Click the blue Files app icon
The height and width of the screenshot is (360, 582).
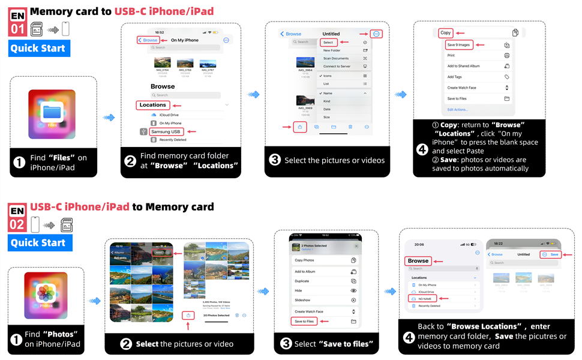pos(52,113)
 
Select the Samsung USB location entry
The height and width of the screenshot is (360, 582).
pos(166,131)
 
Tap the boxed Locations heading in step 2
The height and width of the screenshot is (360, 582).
pos(152,105)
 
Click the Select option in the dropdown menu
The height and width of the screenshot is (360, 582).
pos(328,43)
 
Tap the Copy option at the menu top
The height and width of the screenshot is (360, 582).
pos(445,33)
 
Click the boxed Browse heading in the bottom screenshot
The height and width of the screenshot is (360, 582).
pos(418,260)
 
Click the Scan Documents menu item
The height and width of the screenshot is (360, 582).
pos(335,58)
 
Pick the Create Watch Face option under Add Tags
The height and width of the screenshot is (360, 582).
pos(461,88)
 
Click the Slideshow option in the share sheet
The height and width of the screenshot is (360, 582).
pos(303,300)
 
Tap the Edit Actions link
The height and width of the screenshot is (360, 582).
pos(458,110)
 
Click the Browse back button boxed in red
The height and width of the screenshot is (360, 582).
pos(148,40)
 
